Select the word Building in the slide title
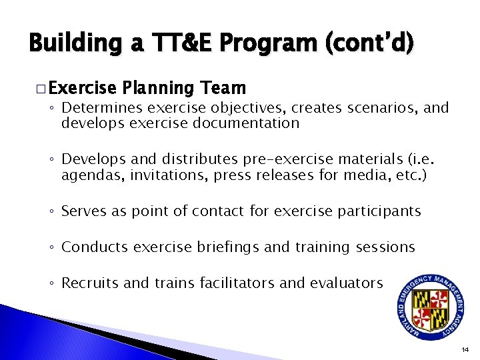coord(72,43)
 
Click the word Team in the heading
coord(223,88)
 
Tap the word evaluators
coord(346,283)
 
